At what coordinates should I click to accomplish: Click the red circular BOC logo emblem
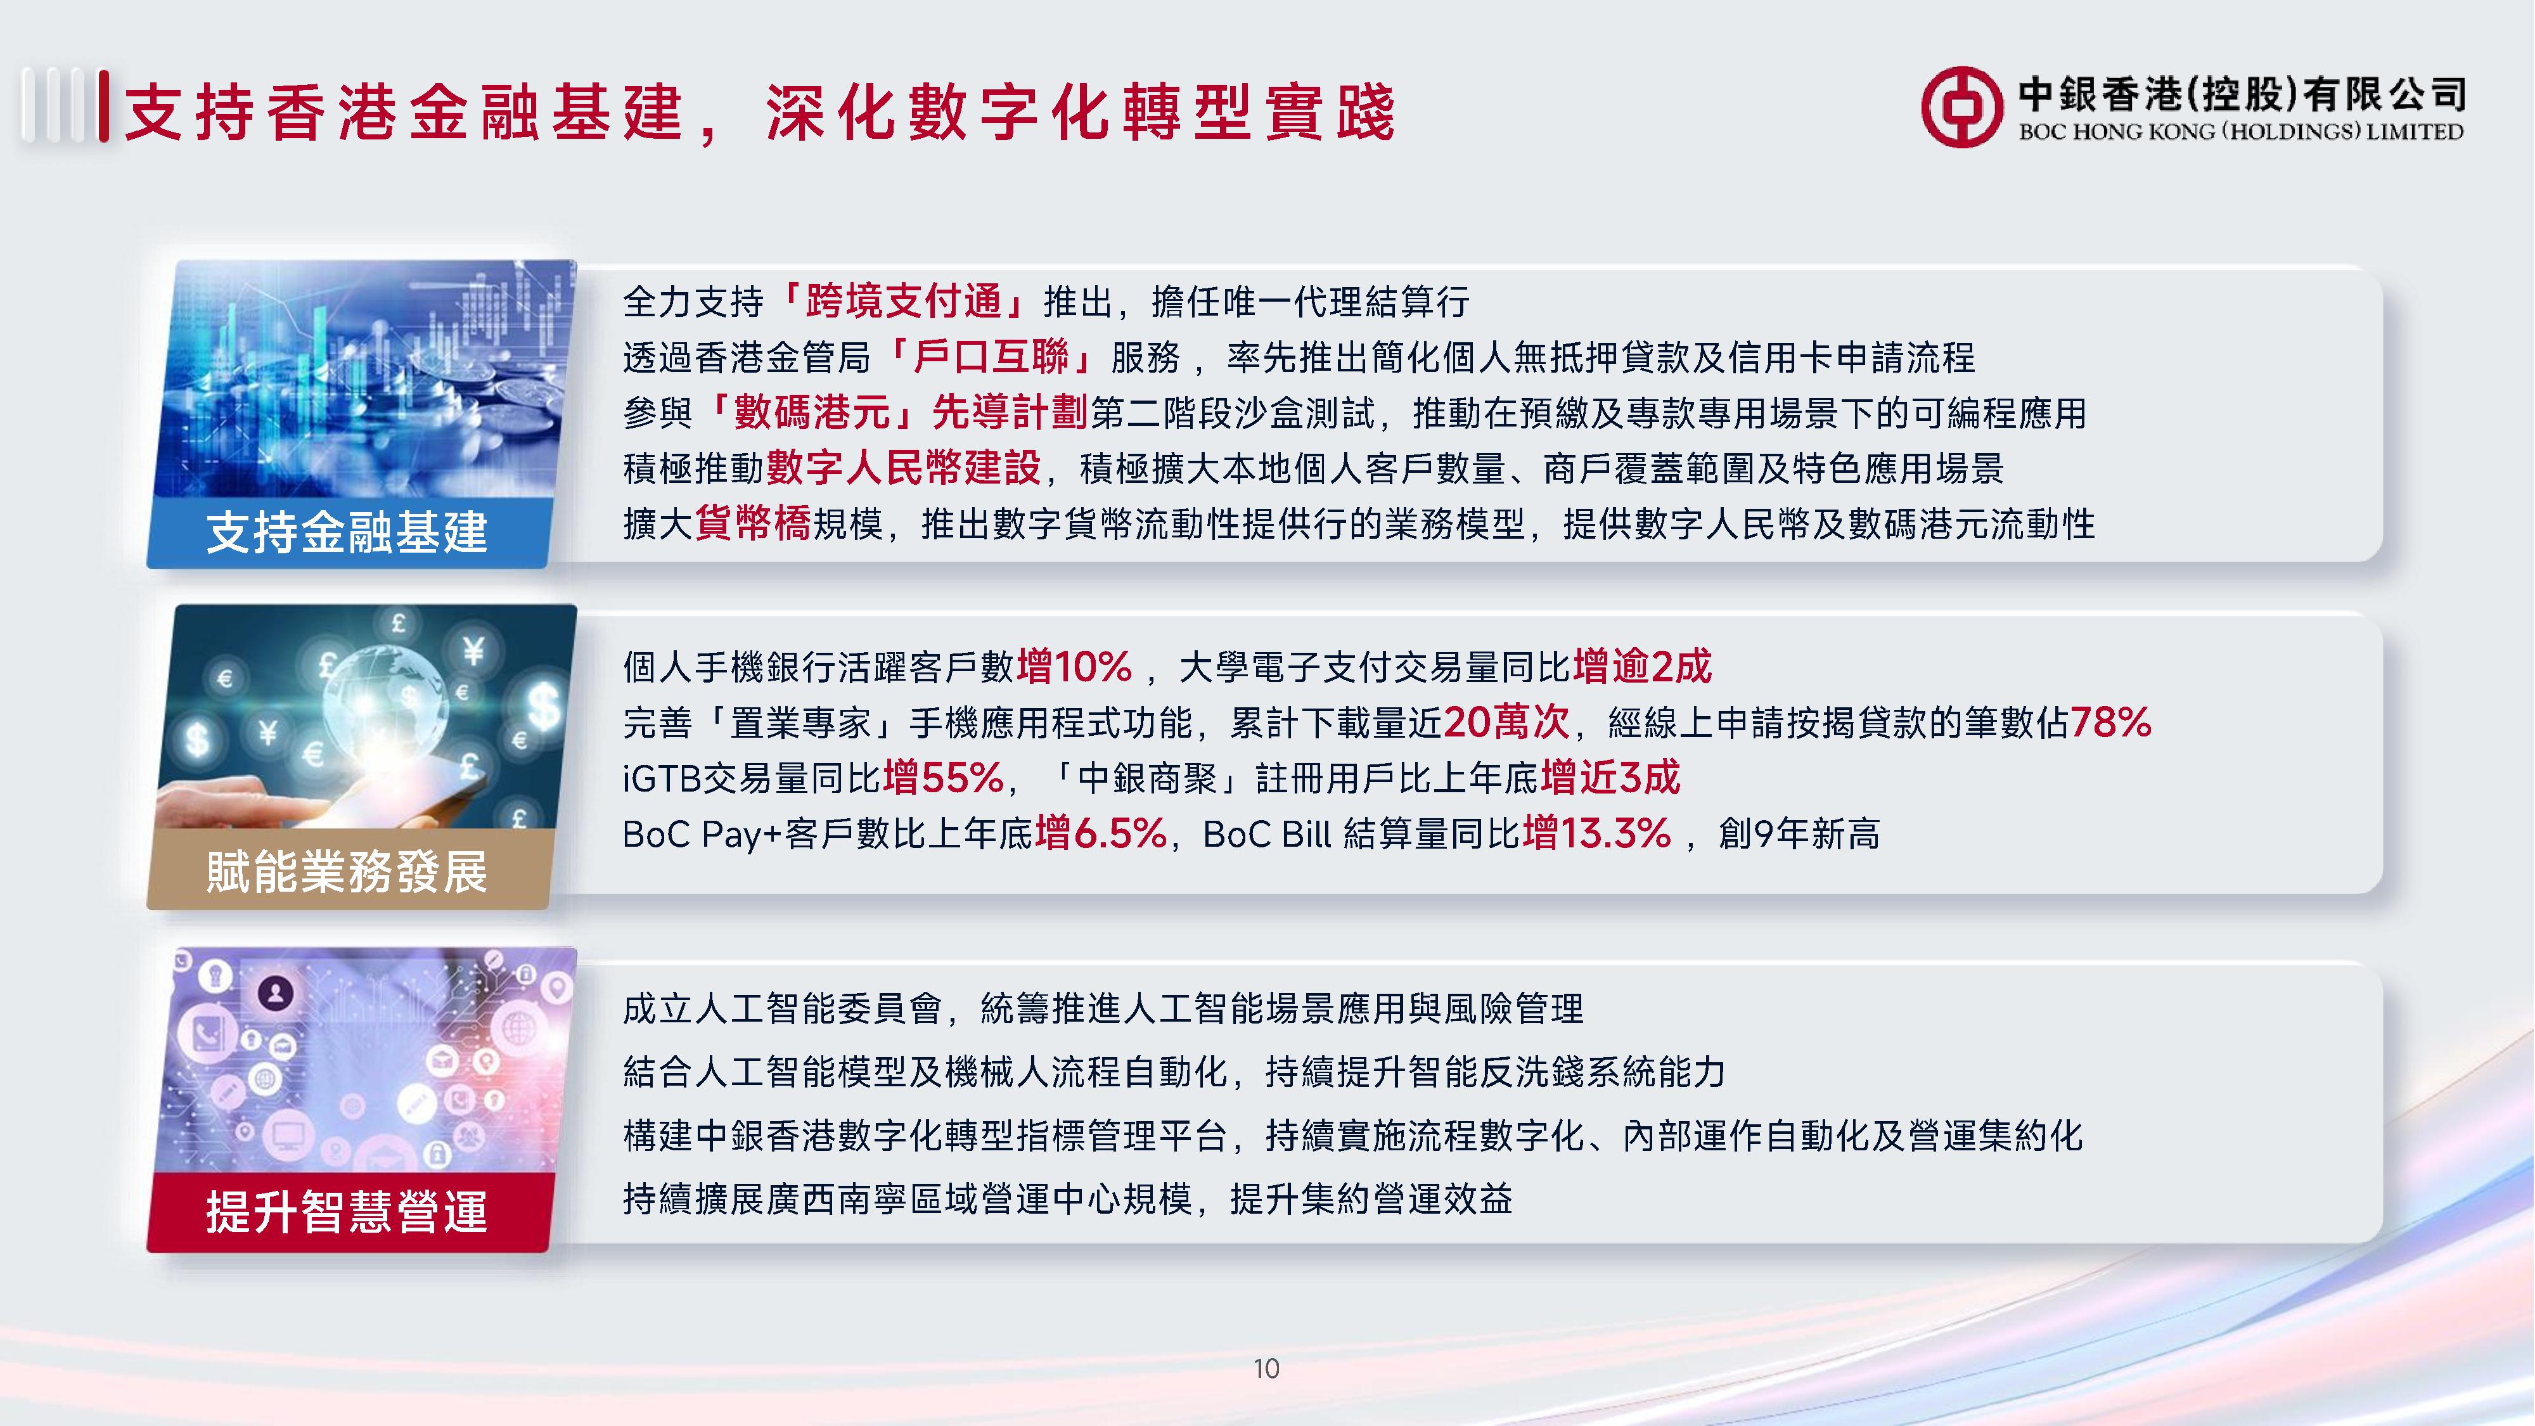pos(1961,106)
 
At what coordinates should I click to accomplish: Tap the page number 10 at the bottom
pos(1266,1368)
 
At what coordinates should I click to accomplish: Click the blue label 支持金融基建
pos(347,532)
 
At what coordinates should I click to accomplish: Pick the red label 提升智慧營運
pos(347,1211)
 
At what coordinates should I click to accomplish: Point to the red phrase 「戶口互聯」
pos(990,356)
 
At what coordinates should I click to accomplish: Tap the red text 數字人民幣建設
pos(903,468)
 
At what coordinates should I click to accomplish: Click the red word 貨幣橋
pos(753,523)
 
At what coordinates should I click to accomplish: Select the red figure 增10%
pos(1074,666)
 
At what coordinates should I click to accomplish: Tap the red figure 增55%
pos(943,778)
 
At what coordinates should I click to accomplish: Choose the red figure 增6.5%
pos(1100,833)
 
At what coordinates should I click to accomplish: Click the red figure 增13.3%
pos(1596,833)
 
